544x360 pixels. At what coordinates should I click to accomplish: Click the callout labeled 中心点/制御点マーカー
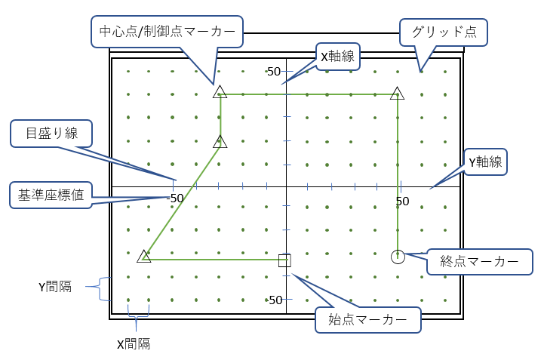pos(167,31)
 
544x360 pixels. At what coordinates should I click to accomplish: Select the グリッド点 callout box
pos(444,32)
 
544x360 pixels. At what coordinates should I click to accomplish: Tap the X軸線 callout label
pos(337,55)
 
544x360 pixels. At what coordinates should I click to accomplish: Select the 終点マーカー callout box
pos(478,262)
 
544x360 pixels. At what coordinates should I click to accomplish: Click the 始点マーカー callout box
pos(367,319)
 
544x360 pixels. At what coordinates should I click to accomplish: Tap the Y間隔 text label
pos(56,287)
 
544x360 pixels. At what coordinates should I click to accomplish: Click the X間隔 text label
pos(133,343)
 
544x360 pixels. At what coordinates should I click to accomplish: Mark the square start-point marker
pos(284,260)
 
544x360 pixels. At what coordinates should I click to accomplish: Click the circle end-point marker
pos(398,257)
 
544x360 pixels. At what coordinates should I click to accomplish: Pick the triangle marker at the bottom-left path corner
pos(144,257)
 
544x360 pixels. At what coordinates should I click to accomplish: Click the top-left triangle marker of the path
pos(220,92)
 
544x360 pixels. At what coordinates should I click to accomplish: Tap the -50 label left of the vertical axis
pos(174,198)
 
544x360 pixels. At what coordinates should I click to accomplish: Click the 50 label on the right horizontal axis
pos(402,201)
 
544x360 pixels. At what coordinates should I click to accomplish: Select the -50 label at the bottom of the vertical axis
pos(274,300)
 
